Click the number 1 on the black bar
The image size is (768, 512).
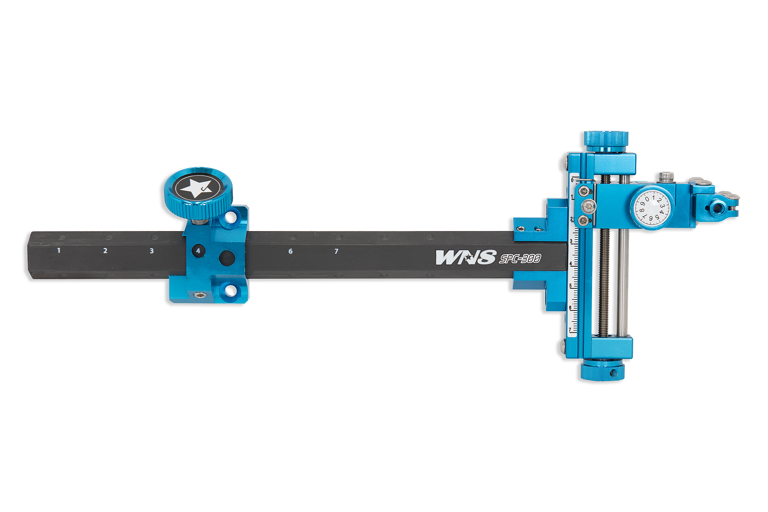59,250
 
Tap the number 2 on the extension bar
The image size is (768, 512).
105,251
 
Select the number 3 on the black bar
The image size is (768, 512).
151,251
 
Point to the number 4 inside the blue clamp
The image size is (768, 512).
198,251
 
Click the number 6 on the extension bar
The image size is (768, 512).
290,251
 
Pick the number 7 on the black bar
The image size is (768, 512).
336,251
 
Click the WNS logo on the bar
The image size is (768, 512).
465,257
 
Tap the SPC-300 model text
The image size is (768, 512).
520,258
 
